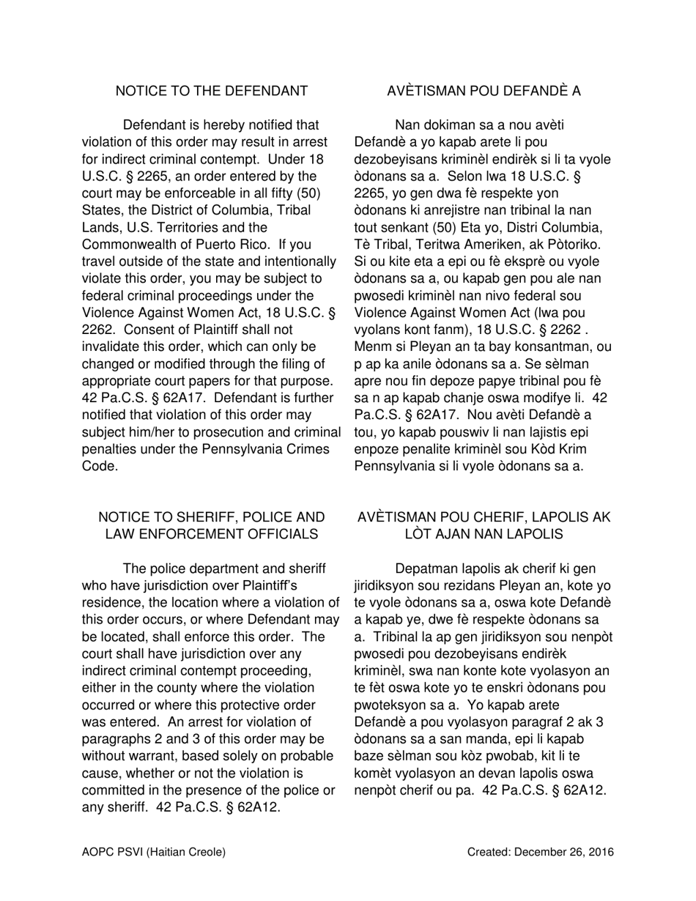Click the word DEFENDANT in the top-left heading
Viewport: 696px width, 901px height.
pos(264,91)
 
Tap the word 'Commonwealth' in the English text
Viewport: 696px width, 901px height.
pos(126,244)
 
